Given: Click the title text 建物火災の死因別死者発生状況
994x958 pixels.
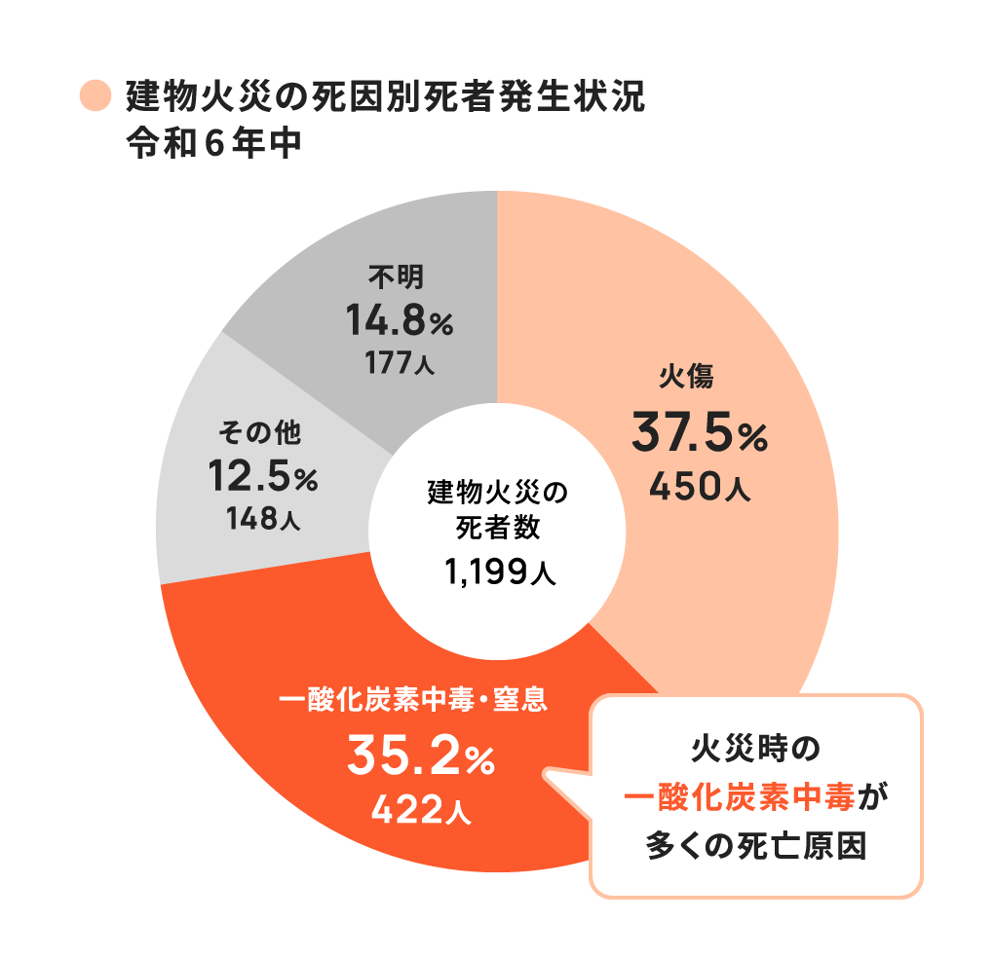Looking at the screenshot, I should click(x=385, y=98).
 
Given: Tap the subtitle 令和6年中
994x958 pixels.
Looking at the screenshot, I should click(x=212, y=144).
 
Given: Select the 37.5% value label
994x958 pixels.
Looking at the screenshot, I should click(x=699, y=433).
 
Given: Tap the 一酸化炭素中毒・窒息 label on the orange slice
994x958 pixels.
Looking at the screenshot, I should click(x=412, y=699).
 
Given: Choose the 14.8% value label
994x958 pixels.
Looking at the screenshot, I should click(x=399, y=321).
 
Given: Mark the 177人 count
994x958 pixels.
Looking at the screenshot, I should click(x=400, y=364).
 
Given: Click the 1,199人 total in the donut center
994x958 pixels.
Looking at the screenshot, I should click(x=499, y=573).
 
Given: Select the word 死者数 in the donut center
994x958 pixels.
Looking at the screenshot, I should click(x=498, y=531).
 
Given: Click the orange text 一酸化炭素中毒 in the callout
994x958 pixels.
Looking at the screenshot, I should click(x=741, y=799).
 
